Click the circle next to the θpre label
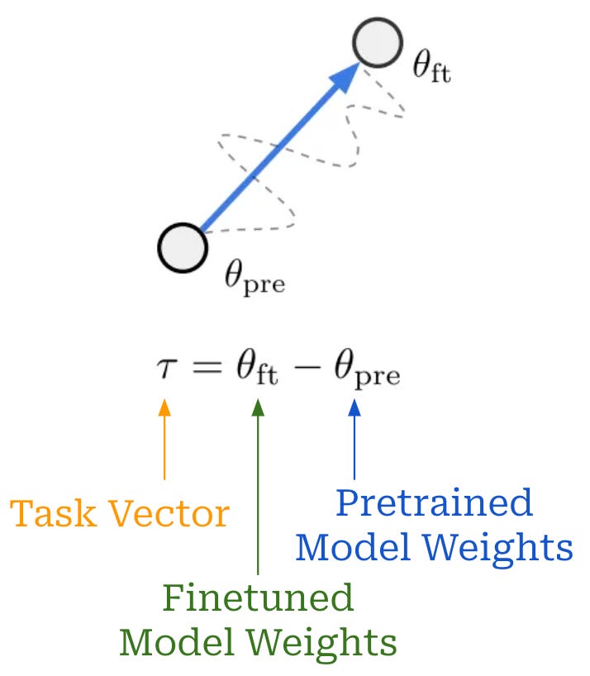click(183, 248)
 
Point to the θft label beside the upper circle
click(431, 67)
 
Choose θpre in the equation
click(367, 372)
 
